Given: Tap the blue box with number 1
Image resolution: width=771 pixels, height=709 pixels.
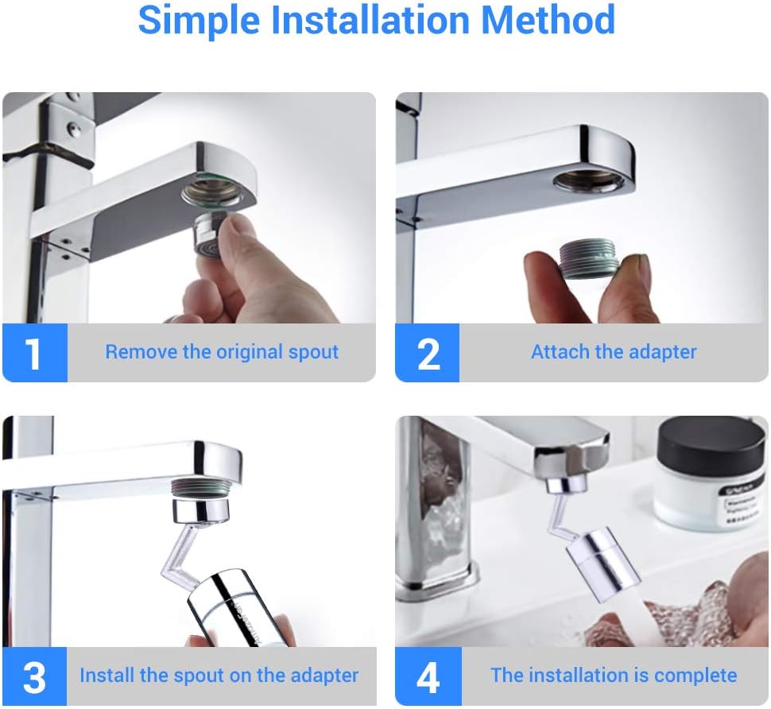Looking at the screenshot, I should point(34,353).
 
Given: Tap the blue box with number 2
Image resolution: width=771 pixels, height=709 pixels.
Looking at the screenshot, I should point(428,353).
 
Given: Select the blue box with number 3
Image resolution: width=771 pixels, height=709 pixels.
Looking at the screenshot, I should point(34,676).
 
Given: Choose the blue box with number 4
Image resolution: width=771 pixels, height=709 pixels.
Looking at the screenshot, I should point(428,676).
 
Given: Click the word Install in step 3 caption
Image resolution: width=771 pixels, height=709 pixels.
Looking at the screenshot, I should point(107,676).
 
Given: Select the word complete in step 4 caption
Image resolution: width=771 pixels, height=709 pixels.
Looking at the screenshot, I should point(695,676).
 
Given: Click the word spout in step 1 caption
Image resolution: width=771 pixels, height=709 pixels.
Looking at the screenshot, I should point(315,352).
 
